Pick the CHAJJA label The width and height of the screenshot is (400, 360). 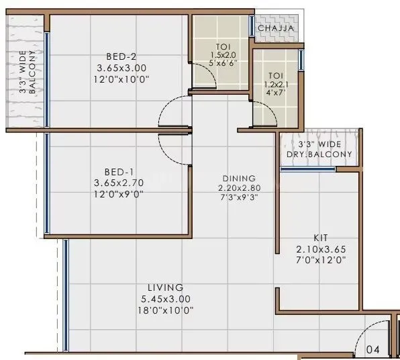275,28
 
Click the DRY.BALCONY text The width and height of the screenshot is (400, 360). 326,154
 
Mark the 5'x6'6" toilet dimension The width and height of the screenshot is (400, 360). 221,64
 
